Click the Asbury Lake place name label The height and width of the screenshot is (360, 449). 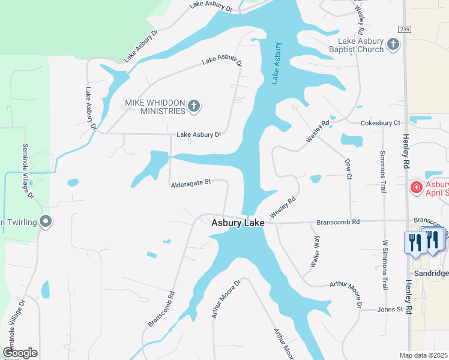coord(238,223)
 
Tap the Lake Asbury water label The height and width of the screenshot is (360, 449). coord(276,63)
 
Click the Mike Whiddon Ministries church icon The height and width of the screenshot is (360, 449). coord(193,107)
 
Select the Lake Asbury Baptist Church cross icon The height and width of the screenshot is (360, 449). coord(393,44)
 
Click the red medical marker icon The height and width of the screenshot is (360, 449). coord(415,188)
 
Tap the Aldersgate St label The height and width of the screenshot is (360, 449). coord(191,182)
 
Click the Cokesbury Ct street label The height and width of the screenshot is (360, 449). coord(380,123)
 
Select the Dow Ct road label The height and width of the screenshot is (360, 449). coord(348,169)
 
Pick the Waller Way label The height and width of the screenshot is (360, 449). coord(315,251)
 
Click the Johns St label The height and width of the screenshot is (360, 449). coord(390,310)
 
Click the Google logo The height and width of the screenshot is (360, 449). coord(20,353)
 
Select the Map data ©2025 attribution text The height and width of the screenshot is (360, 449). coord(424,356)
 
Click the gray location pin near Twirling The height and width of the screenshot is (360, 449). coord(46,221)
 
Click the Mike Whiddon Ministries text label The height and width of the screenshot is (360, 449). coord(155,107)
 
